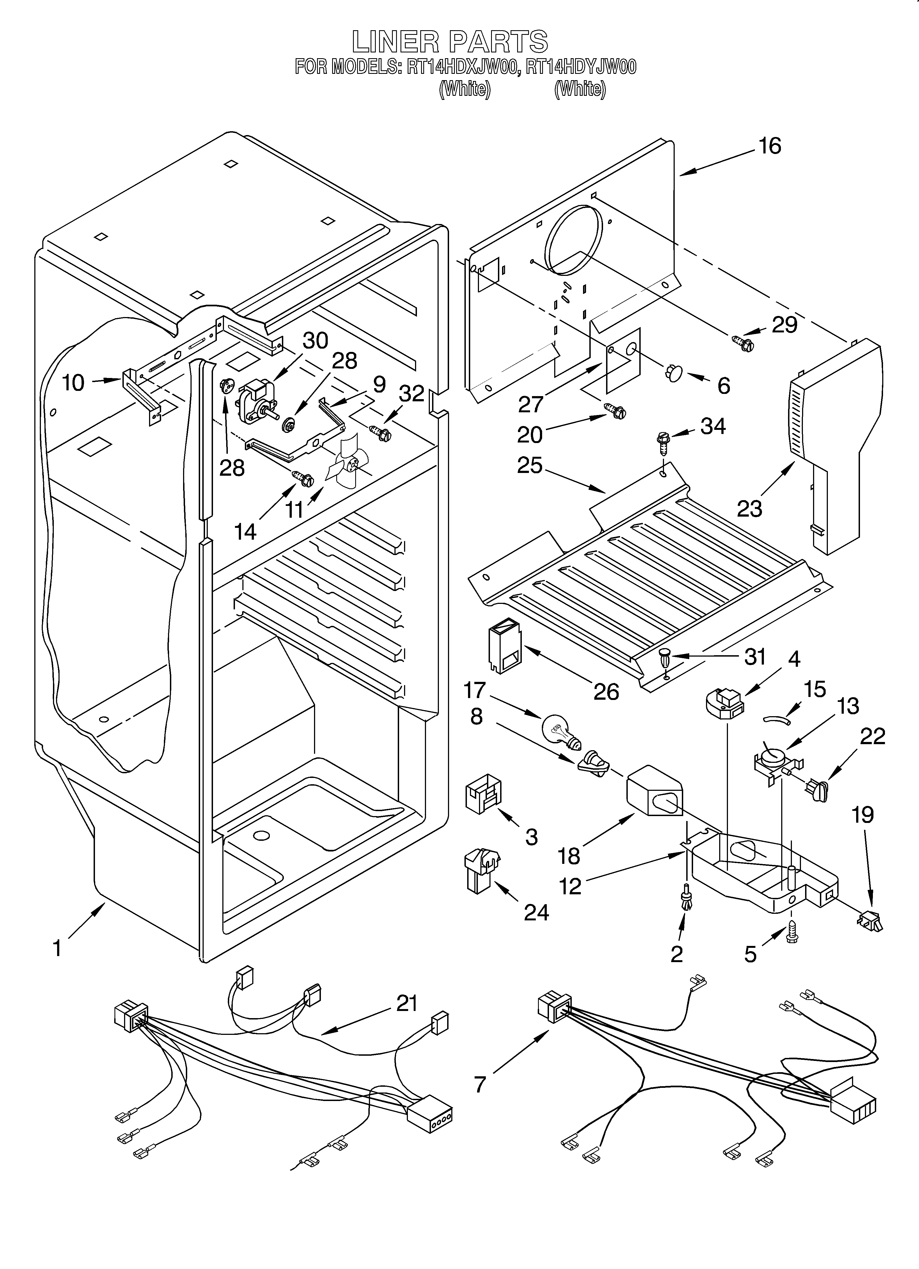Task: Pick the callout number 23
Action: [x=749, y=508]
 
